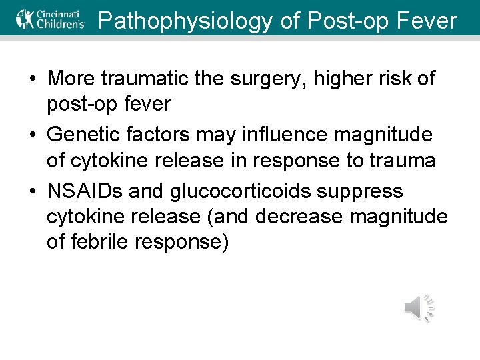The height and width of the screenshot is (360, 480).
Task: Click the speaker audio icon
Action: [x=419, y=308]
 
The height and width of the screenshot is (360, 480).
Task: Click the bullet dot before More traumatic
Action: [x=32, y=79]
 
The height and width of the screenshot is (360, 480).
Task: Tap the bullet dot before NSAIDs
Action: [x=32, y=192]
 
